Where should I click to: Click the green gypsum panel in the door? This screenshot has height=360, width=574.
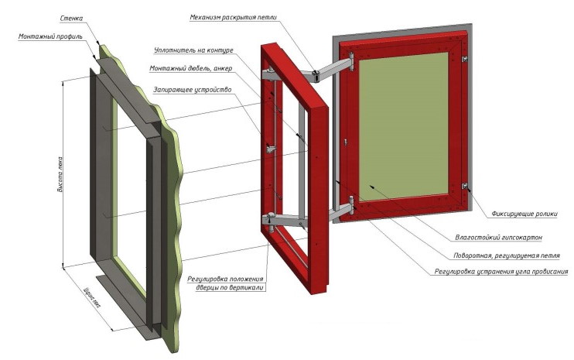pyautogui.click(x=402, y=124)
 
